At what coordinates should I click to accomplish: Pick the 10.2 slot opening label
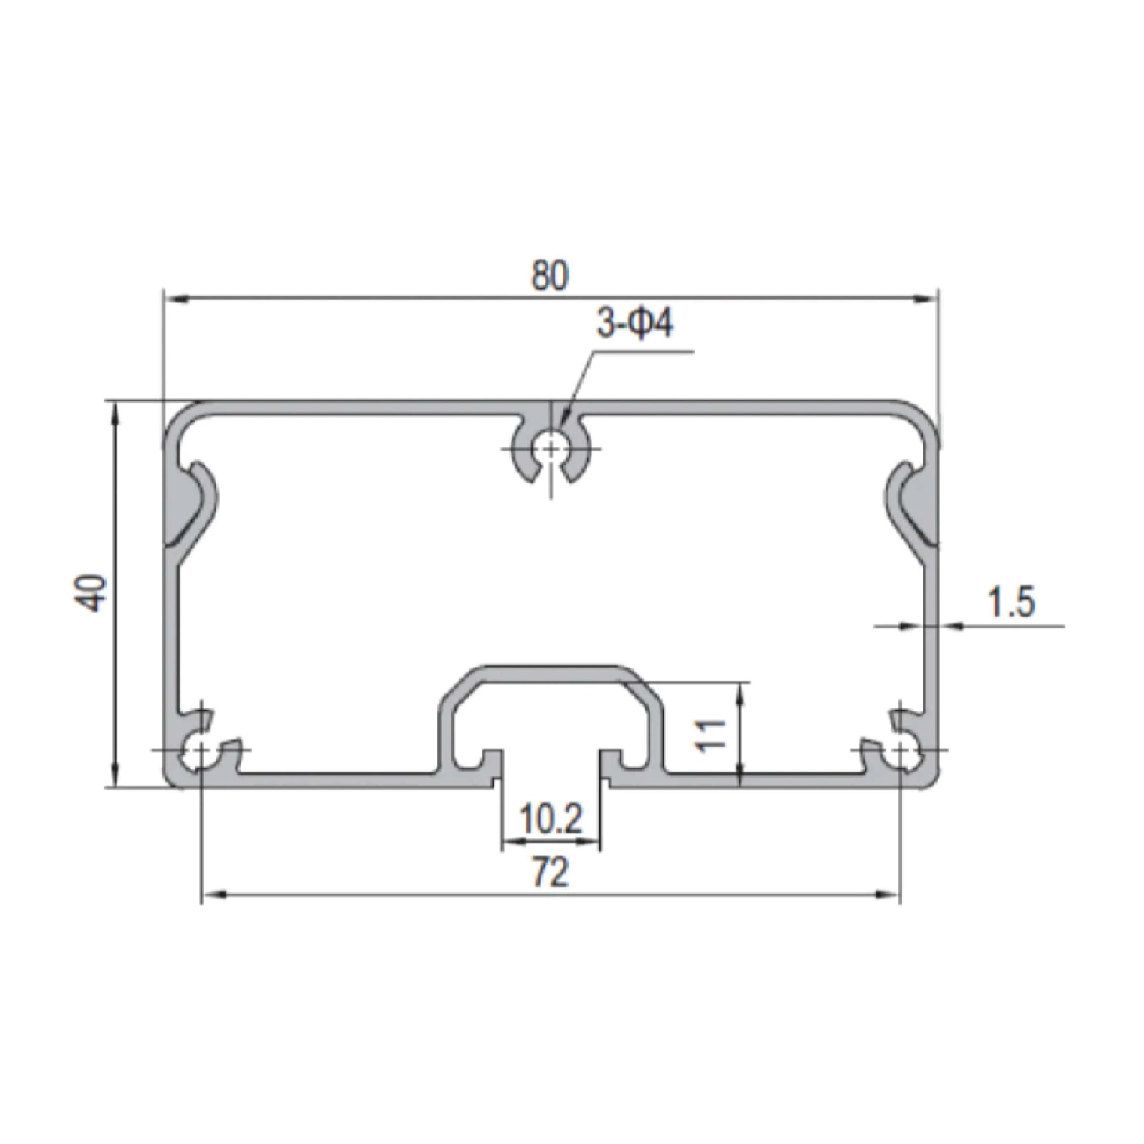pos(551,820)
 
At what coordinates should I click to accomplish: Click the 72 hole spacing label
pos(551,872)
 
